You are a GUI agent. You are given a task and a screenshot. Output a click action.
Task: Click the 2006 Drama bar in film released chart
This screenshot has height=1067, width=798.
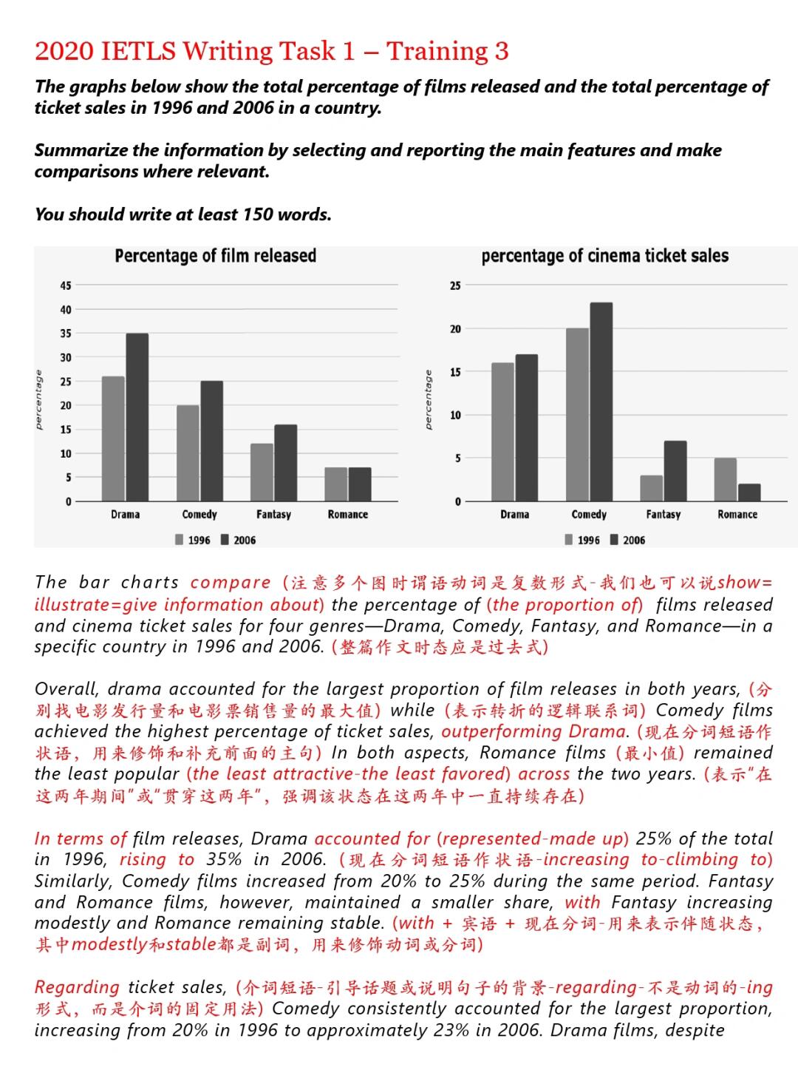click(x=137, y=418)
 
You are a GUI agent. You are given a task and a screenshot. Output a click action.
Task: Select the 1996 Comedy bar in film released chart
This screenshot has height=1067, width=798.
click(x=188, y=453)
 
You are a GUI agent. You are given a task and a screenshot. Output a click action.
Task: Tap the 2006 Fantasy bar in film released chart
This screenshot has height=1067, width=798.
click(x=286, y=464)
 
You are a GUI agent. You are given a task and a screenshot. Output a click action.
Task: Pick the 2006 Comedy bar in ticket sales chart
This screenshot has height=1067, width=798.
click(x=601, y=402)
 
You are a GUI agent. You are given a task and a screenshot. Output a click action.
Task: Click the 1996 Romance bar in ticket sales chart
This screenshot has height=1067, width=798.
click(x=726, y=480)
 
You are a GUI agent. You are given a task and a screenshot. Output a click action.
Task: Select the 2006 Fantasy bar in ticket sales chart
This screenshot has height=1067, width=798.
click(x=675, y=472)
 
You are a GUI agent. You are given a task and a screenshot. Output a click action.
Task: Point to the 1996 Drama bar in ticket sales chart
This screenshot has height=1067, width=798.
click(x=502, y=433)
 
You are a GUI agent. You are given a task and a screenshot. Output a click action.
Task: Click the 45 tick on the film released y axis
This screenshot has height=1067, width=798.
click(x=66, y=285)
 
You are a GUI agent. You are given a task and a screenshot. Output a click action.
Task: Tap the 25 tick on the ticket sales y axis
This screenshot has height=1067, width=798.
click(x=455, y=285)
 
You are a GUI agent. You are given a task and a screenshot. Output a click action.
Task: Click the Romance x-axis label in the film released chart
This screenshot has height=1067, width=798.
click(x=348, y=515)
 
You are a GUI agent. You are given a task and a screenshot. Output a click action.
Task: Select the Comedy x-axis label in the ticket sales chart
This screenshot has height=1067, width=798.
click(x=589, y=515)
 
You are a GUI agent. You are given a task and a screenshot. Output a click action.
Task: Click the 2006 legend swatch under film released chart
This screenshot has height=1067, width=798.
click(x=225, y=540)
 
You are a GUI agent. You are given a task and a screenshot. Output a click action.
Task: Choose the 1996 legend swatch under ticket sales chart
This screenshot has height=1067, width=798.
click(x=568, y=540)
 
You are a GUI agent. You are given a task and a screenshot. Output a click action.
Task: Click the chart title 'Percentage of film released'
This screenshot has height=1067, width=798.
click(x=215, y=256)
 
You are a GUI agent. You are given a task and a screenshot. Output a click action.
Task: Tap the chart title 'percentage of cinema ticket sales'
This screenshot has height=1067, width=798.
click(x=604, y=256)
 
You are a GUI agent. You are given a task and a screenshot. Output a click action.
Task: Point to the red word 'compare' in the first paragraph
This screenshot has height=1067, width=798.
click(x=231, y=583)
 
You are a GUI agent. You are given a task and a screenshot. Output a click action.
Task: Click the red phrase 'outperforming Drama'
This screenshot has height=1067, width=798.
click(x=533, y=732)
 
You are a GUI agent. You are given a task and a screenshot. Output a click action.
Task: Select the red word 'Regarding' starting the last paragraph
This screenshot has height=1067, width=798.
click(x=77, y=987)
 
